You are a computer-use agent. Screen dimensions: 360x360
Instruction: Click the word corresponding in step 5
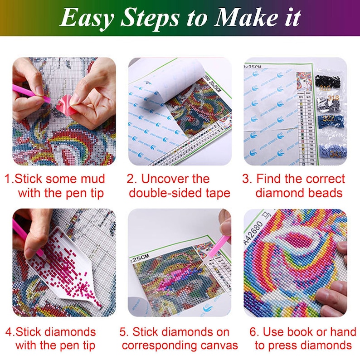click(x=165, y=345)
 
